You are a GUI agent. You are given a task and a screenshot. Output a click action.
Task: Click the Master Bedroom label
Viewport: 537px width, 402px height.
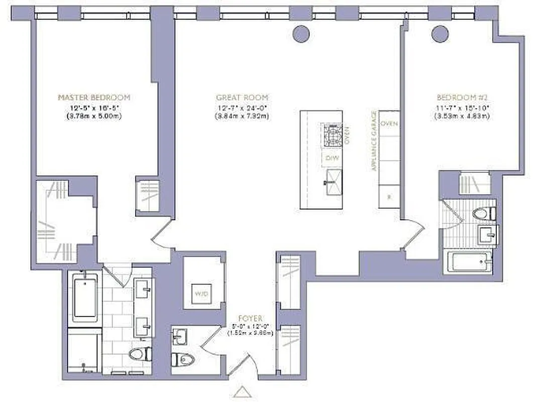[94, 97]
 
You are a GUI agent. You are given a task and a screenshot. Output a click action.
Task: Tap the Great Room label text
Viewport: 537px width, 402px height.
[242, 97]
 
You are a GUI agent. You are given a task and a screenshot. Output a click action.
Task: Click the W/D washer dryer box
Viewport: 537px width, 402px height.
[203, 293]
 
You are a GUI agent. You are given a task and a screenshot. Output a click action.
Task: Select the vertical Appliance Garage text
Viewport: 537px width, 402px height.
[374, 141]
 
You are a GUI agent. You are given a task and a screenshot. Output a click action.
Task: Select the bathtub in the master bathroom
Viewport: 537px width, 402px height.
[84, 296]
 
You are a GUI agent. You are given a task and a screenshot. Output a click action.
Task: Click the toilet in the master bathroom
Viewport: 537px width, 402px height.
[139, 354]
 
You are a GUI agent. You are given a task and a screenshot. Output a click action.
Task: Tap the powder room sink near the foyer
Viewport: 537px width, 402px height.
[179, 335]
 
